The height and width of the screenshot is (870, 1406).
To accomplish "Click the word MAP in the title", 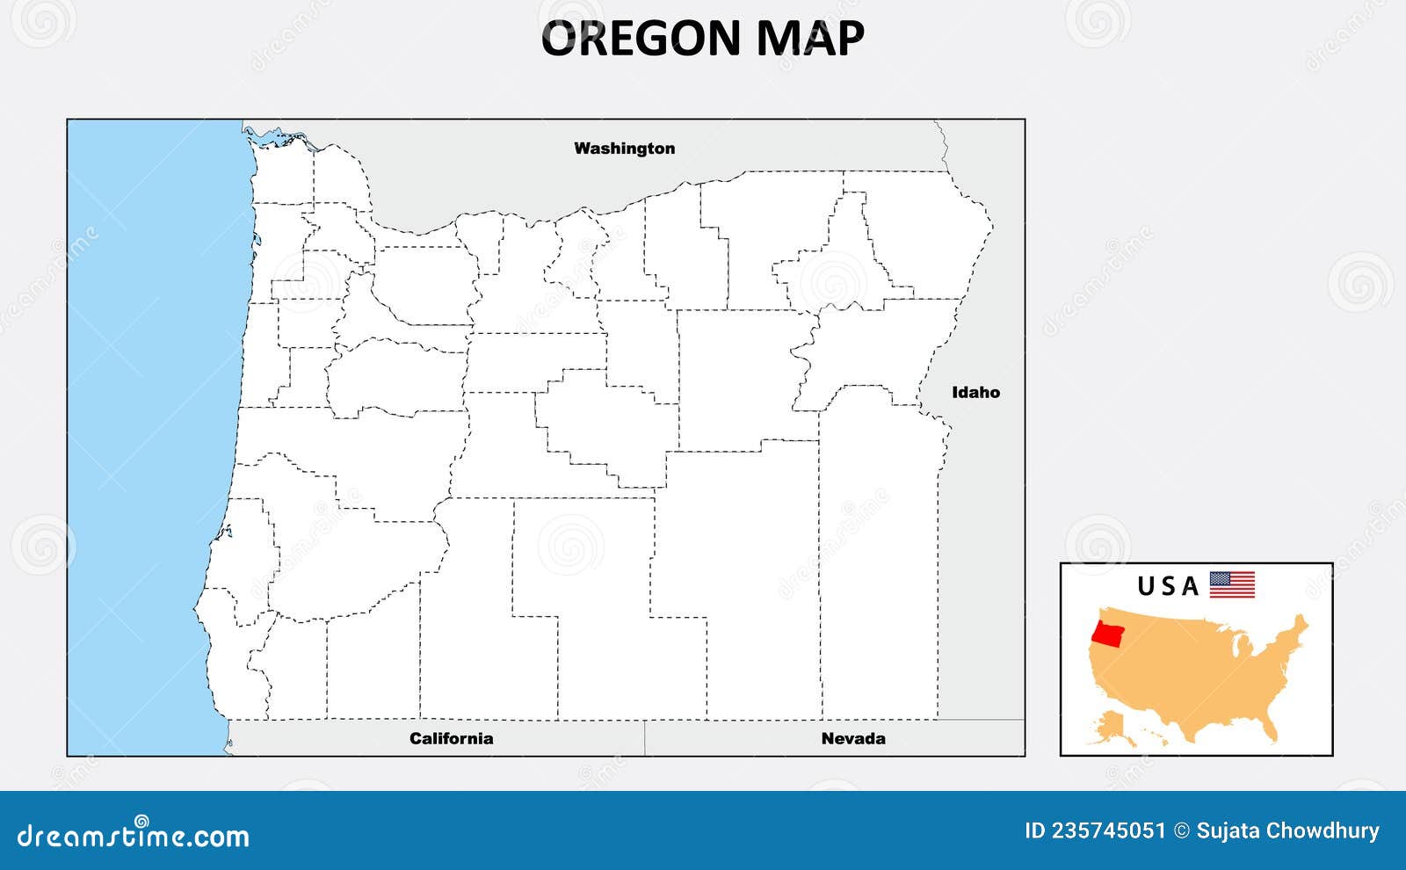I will click(810, 38).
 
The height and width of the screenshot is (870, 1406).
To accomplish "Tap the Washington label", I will click(624, 149).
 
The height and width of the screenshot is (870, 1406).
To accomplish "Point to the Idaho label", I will click(975, 393).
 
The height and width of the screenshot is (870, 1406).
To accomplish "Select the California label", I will click(451, 738).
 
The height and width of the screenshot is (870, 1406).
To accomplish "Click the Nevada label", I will click(852, 738).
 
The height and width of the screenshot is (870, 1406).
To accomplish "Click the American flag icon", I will click(1232, 584).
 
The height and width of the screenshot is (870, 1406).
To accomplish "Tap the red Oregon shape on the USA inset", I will click(1109, 634).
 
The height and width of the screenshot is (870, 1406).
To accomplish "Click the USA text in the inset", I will click(1168, 586).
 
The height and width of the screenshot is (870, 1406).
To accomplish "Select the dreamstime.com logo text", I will click(134, 835).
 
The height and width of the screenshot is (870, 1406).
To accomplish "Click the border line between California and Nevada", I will click(645, 738).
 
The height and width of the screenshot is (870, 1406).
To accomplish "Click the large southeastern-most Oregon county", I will click(879, 562).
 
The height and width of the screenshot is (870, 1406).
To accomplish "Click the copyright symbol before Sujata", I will click(1182, 830).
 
